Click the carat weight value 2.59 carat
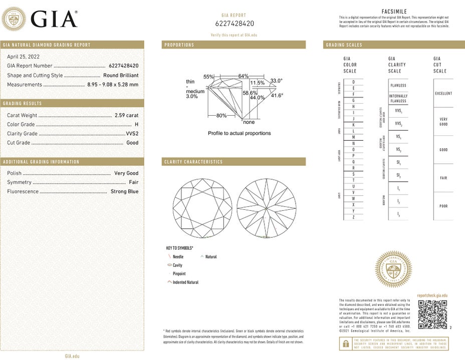[126, 115]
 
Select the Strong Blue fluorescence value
[124, 191]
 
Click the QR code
[428, 315]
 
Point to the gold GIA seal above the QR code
[393, 269]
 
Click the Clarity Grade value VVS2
[132, 134]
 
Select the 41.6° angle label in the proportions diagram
[277, 95]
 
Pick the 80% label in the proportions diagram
[221, 116]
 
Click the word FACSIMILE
[394, 12]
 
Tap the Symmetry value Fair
[133, 182]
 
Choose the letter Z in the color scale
[354, 217]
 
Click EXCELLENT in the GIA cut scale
[443, 94]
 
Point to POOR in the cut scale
[443, 206]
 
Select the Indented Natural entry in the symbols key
[185, 282]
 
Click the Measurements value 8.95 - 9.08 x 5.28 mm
[113, 85]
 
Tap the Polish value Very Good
[126, 173]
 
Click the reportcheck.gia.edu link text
[432, 296]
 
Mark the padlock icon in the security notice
[345, 343]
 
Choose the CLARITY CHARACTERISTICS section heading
[193, 162]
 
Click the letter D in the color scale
[354, 82]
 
